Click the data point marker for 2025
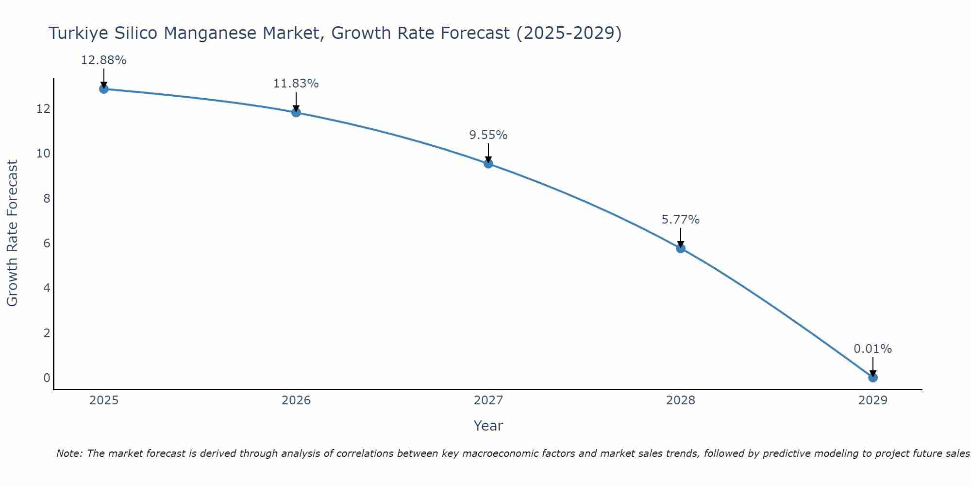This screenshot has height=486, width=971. point(103,89)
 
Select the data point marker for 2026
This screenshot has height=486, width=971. point(296,112)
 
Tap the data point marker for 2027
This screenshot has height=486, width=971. point(488,164)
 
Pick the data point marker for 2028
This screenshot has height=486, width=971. point(681,248)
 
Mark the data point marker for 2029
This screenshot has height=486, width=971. point(873,378)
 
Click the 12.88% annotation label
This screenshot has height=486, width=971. point(103,60)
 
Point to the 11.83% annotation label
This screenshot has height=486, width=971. point(296,84)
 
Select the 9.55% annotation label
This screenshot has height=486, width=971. point(488,135)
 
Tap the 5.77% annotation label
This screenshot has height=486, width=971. point(681,220)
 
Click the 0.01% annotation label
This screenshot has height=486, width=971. point(873,349)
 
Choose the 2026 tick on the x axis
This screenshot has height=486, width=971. point(296,400)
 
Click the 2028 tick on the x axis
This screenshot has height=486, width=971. point(681,400)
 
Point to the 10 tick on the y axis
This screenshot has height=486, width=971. point(44,154)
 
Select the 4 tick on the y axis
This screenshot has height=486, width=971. point(47,288)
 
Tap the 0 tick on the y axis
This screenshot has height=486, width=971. point(47,378)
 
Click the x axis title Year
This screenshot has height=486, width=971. point(488,426)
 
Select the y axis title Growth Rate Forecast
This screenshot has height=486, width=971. point(13,233)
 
